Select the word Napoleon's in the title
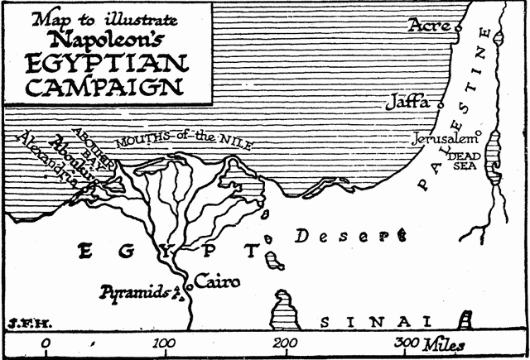105,38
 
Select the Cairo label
218,282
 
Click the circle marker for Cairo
190,286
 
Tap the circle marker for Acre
457,26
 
